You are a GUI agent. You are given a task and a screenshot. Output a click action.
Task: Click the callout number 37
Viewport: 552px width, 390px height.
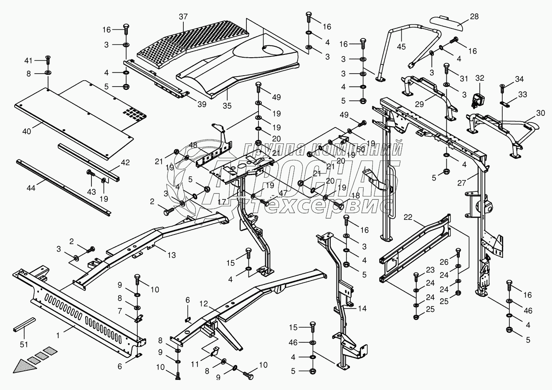(183, 17)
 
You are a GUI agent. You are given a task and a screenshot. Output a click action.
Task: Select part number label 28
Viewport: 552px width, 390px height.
(462, 17)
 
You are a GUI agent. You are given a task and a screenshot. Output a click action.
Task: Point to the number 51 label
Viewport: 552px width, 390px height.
(24, 344)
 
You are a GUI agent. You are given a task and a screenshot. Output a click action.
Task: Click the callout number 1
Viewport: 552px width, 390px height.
(58, 335)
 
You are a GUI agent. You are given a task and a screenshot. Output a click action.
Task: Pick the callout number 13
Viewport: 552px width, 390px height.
(171, 255)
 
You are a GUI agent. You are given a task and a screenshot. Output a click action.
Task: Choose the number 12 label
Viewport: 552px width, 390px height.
(203, 303)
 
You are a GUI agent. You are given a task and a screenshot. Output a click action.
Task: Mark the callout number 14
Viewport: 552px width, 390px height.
(362, 309)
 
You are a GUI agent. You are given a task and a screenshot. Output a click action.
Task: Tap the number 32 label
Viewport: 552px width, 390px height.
(480, 78)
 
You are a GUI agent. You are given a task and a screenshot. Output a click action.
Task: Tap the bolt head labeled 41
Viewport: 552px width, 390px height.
(48, 57)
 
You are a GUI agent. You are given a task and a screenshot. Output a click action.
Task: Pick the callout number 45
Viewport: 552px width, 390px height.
(401, 46)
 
